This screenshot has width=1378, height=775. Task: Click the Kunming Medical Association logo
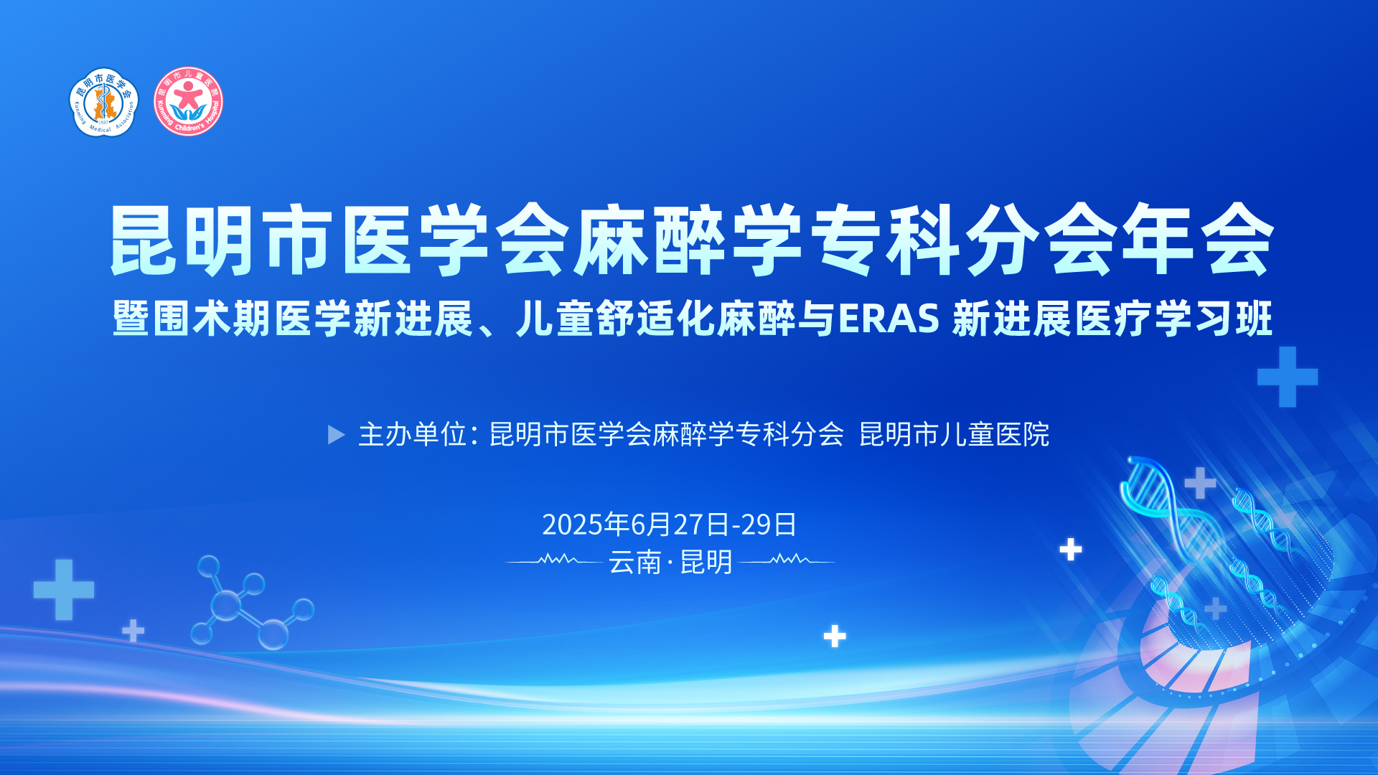click(x=104, y=102)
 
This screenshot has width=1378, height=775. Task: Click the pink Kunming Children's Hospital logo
click(x=189, y=102)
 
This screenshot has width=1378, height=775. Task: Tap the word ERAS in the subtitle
click(x=889, y=319)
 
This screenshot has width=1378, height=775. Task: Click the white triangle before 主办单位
click(x=337, y=435)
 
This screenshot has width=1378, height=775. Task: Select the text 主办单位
click(x=413, y=435)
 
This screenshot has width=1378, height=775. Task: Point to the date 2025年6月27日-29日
click(x=669, y=525)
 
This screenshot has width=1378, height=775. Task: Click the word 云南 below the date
click(x=635, y=562)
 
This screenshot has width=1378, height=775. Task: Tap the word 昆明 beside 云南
click(x=706, y=562)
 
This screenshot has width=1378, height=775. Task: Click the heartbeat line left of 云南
click(x=553, y=560)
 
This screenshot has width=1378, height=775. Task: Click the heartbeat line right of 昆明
click(x=787, y=560)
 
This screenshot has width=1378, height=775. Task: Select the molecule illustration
click(x=251, y=603)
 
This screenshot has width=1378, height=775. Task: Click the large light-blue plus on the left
click(x=64, y=590)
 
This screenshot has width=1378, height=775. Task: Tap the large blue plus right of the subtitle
click(x=1288, y=377)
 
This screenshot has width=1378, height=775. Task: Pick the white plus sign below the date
click(x=835, y=636)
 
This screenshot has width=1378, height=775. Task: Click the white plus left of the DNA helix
click(x=1071, y=550)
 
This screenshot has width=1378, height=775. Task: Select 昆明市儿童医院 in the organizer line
click(x=955, y=435)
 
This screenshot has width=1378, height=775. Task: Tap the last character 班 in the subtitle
click(x=1254, y=319)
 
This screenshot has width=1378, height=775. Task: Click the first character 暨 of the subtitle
click(x=131, y=319)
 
